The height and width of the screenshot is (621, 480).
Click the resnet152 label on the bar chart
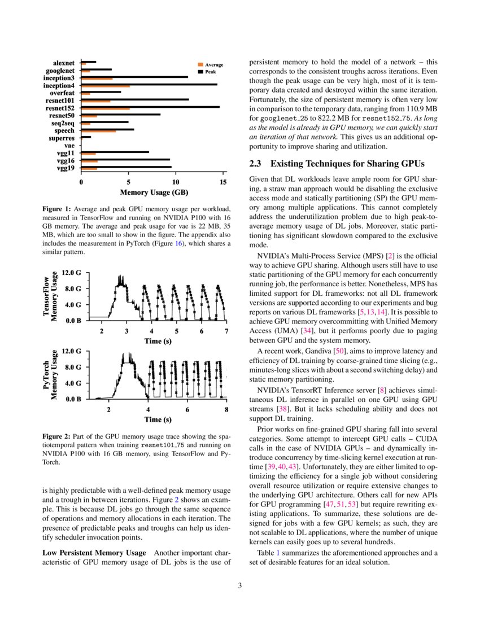[x=63, y=107]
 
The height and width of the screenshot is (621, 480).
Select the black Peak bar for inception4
[x=149, y=85]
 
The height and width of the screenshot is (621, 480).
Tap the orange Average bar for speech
[x=99, y=131]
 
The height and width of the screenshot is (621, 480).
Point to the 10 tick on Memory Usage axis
[x=176, y=182]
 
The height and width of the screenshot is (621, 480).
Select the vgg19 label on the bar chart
[x=68, y=168]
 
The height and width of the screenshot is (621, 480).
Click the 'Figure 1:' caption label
[x=56, y=209]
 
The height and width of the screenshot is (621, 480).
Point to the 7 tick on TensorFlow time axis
[x=226, y=331]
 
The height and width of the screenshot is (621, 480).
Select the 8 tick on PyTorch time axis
[x=226, y=410]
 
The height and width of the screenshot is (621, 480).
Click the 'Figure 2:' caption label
[x=56, y=436]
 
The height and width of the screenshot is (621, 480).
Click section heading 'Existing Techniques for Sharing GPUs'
[x=347, y=164]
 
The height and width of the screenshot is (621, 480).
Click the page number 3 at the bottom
[x=240, y=585]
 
